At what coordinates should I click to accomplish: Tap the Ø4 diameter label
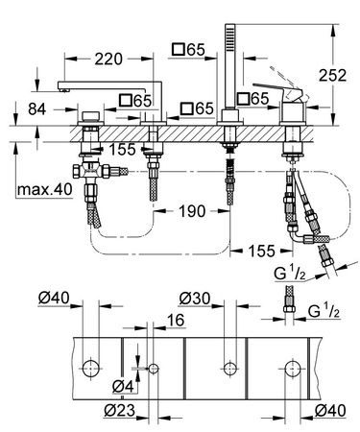[x=120, y=387]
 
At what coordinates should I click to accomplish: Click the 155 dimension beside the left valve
[x=121, y=151]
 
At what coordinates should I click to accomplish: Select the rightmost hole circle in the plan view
[x=291, y=367]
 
